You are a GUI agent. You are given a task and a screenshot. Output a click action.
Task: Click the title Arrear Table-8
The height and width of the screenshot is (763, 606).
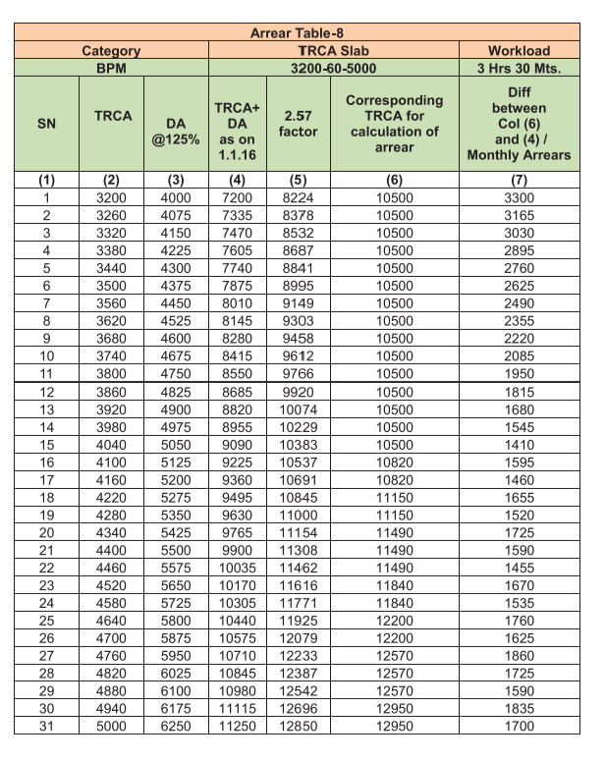[296, 33]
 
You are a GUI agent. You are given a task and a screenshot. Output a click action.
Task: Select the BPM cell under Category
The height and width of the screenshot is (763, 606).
[111, 69]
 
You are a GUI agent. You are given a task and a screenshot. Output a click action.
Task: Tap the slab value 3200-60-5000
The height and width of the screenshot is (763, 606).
[333, 69]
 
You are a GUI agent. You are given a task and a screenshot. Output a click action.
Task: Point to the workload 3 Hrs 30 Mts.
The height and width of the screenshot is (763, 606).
[519, 69]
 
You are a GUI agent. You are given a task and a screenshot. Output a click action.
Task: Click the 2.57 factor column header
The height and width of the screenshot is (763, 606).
[298, 123]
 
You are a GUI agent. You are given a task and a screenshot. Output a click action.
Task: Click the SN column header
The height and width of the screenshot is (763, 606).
[46, 124]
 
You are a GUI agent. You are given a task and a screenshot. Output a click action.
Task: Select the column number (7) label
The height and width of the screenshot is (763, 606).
[519, 180]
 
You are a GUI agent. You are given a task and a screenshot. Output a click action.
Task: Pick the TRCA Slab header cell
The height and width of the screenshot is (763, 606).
[333, 50]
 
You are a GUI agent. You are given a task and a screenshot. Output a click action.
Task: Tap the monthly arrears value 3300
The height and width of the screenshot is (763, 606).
[519, 196]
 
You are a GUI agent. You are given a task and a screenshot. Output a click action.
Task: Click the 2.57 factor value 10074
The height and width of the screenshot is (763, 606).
[298, 409]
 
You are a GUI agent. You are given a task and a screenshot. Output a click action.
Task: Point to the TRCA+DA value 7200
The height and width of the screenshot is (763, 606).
[237, 196]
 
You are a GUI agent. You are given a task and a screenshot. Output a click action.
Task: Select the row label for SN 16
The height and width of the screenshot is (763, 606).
[46, 462]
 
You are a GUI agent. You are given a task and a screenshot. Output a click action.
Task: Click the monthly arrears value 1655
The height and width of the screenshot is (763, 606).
[519, 497]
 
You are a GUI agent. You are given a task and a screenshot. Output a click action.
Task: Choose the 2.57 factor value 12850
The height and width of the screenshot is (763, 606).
[298, 727]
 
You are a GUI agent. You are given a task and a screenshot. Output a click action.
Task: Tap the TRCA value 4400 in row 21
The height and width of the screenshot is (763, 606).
[112, 550]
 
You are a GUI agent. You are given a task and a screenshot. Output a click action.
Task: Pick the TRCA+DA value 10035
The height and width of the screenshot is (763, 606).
[237, 568]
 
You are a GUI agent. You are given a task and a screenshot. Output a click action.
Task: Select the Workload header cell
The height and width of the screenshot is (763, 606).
[519, 50]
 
